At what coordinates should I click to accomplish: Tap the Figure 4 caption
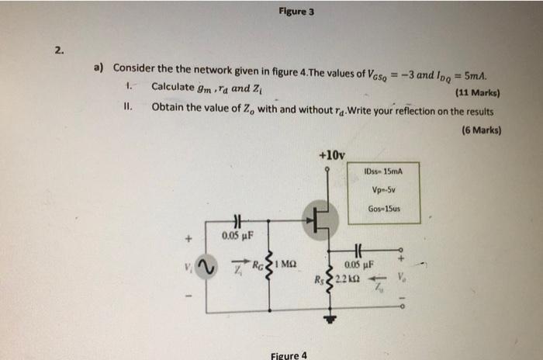(x=288, y=355)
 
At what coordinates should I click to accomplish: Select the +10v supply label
(x=332, y=155)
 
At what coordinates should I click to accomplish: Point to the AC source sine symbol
(x=206, y=268)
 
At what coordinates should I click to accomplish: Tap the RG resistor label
(x=258, y=265)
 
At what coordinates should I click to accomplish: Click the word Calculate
(x=175, y=85)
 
